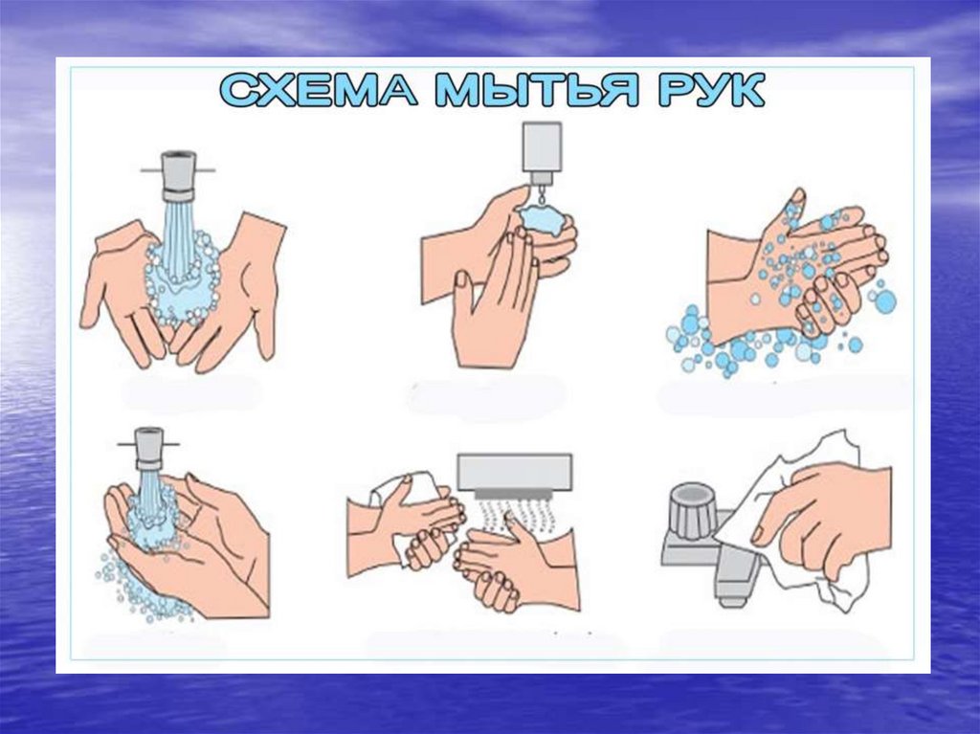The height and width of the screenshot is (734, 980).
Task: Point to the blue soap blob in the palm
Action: tap(542, 219)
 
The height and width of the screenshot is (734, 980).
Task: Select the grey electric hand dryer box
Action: tap(514, 473)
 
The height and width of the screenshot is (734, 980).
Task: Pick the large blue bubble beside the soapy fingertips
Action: tap(884, 301)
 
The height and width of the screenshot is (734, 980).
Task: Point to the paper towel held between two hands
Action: tap(413, 513)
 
